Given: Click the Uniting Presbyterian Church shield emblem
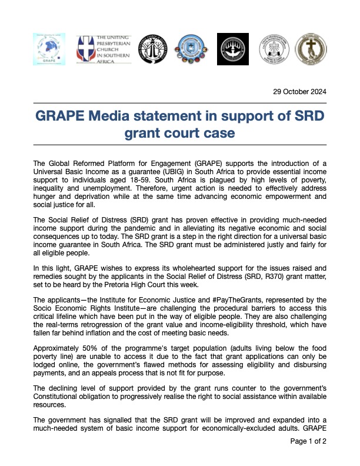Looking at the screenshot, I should tap(84, 49).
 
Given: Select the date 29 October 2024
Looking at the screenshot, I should tap(299, 92).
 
